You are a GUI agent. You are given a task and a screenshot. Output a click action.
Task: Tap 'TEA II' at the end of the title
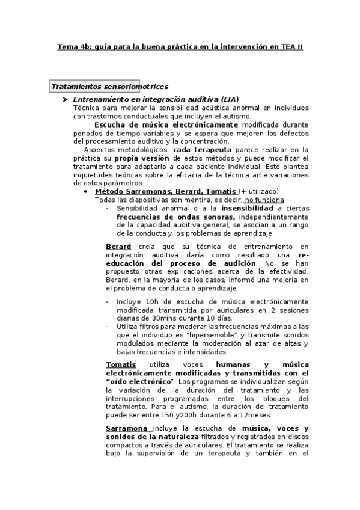(291, 46)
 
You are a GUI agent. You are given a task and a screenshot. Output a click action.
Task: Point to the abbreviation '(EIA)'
(230, 99)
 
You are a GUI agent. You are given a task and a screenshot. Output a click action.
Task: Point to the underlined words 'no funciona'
(265, 200)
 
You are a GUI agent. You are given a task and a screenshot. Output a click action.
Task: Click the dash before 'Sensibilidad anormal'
(107, 208)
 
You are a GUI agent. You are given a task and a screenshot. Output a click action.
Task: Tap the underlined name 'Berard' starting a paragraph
(118, 247)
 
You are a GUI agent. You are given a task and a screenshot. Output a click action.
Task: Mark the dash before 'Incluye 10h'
(107, 301)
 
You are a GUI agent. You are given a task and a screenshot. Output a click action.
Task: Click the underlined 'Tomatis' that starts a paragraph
(120, 365)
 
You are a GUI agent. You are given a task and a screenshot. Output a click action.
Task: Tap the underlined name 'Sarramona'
(126, 428)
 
